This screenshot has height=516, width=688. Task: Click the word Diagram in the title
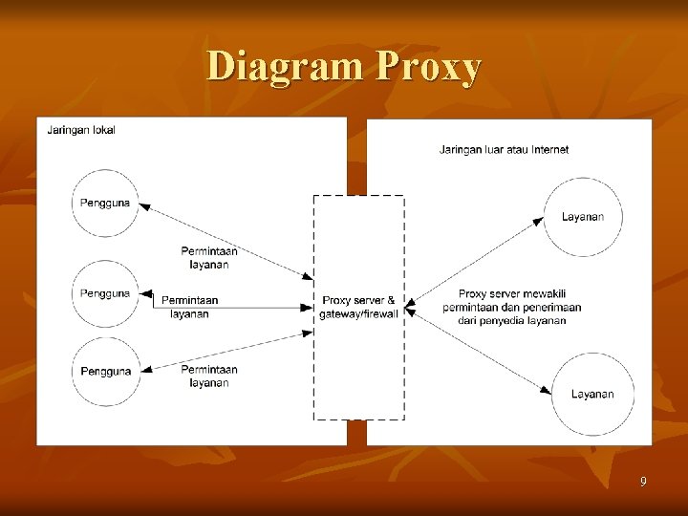pyautogui.click(x=286, y=67)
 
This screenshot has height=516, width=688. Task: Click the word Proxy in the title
pyautogui.click(x=429, y=67)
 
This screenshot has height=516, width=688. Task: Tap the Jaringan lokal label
pyautogui.click(x=81, y=130)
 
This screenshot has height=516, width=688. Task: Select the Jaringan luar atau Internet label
pyautogui.click(x=504, y=149)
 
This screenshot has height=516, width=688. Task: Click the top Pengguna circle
pyautogui.click(x=105, y=203)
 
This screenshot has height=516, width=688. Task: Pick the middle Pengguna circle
pyautogui.click(x=105, y=293)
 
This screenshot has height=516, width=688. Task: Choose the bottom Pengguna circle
pyautogui.click(x=105, y=371)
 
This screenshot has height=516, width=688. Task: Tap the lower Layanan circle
pyautogui.click(x=591, y=394)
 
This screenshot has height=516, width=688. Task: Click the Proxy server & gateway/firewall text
pyautogui.click(x=358, y=307)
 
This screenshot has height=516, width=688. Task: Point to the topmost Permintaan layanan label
pyautogui.click(x=209, y=258)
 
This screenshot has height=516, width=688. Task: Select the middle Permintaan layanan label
pyautogui.click(x=189, y=307)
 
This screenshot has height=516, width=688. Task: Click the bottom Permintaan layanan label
pyautogui.click(x=208, y=376)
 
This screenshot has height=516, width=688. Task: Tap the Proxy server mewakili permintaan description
pyautogui.click(x=511, y=307)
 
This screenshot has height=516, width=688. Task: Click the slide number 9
pyautogui.click(x=643, y=482)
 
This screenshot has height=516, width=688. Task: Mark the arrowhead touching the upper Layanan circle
pyautogui.click(x=541, y=221)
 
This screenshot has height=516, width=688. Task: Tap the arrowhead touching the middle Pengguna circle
pyautogui.click(x=141, y=294)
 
